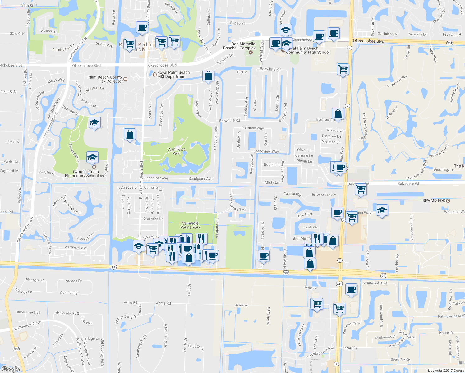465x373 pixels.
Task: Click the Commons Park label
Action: click(x=176, y=151)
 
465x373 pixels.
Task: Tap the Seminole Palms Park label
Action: click(x=190, y=225)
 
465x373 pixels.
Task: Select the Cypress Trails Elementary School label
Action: click(x=82, y=173)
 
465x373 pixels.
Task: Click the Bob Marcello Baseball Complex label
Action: click(x=239, y=46)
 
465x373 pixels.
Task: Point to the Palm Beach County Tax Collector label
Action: click(x=105, y=79)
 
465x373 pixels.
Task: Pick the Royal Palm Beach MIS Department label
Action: click(x=173, y=74)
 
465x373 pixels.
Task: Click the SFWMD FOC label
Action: click(x=434, y=200)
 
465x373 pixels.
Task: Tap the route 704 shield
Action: click(x=449, y=43)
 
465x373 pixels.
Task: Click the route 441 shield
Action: click(x=339, y=284)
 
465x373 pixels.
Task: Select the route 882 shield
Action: click(x=16, y=349)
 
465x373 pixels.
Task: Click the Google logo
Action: click(x=10, y=369)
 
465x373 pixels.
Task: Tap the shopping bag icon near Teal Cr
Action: click(x=208, y=76)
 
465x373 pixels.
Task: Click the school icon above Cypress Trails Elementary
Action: click(x=94, y=123)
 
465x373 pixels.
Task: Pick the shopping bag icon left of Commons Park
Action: click(x=130, y=134)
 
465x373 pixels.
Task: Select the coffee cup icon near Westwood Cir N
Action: click(x=351, y=289)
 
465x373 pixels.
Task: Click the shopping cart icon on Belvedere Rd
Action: click(x=361, y=189)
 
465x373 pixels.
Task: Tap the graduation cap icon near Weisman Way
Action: click(x=382, y=210)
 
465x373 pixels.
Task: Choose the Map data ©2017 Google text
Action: click(x=446, y=371)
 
